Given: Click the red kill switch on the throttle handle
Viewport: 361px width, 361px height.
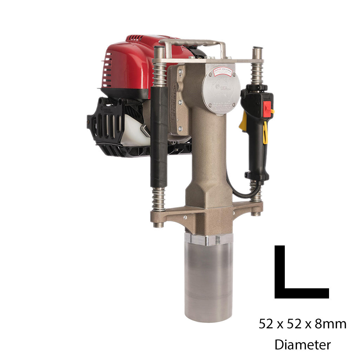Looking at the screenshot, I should [x=268, y=109].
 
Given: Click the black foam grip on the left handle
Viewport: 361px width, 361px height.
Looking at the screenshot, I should [x=159, y=137].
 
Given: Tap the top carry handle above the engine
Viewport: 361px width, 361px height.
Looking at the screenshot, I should [x=191, y=44].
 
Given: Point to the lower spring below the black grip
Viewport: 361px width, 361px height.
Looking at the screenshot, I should [x=159, y=199].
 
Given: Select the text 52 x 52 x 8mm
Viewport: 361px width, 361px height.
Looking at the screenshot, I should [x=302, y=323].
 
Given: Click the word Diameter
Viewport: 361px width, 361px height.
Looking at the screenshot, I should [x=302, y=344].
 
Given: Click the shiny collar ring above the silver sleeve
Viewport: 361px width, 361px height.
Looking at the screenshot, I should [x=208, y=239].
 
